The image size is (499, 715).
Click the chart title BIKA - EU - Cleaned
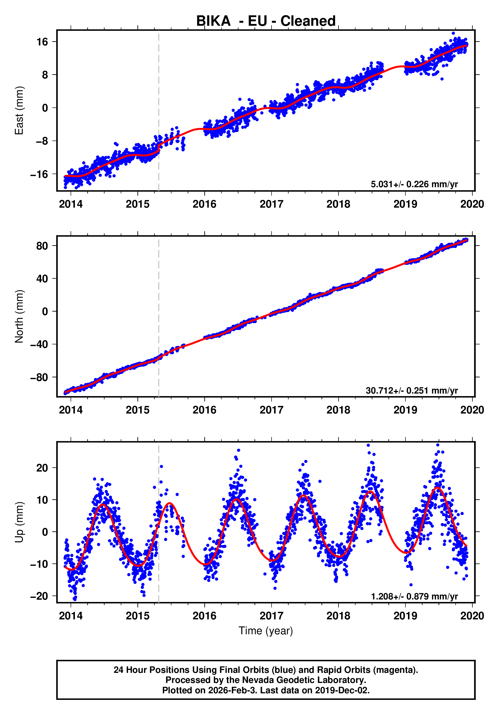(266, 21)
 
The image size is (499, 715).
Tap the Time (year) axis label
(266, 630)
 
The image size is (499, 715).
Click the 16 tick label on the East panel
(42, 42)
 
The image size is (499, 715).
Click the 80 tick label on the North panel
(42, 246)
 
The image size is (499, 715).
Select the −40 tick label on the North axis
(39, 344)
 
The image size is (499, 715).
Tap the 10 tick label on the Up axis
(42, 500)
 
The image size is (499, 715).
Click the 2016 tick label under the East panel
(204, 204)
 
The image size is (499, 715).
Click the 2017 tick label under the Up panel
(272, 616)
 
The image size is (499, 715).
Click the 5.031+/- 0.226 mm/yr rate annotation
(414, 184)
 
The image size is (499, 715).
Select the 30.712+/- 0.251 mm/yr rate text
(412, 391)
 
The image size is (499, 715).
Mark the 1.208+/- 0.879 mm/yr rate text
(414, 596)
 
